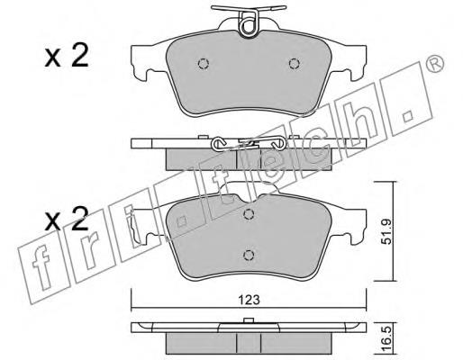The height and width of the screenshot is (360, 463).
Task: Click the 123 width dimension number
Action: [249, 300]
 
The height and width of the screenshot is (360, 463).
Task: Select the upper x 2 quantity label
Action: [67, 56]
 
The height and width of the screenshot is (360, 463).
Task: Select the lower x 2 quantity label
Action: [67, 219]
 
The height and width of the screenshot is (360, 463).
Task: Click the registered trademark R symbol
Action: [435, 64]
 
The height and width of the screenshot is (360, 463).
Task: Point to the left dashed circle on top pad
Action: [204, 63]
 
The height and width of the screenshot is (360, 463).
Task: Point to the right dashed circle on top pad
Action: [295, 63]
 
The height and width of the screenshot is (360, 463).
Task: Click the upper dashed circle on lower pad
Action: [249, 214]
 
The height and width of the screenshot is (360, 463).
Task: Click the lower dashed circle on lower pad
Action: [249, 255]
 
